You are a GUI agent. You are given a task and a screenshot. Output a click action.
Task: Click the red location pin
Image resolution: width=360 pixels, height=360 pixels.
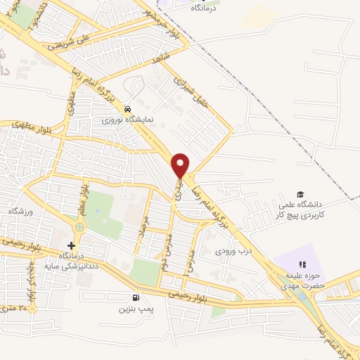[x=181, y=165]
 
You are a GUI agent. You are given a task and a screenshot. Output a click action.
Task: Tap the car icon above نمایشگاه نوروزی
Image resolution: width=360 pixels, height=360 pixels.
[x=127, y=109]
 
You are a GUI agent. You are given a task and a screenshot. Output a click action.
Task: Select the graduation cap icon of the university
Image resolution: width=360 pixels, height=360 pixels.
[x=300, y=194]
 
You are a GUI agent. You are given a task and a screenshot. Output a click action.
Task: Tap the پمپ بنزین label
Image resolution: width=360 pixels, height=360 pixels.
[x=135, y=308]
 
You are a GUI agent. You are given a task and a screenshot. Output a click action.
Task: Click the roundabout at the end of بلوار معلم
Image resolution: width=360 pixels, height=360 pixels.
[x=79, y=227]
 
